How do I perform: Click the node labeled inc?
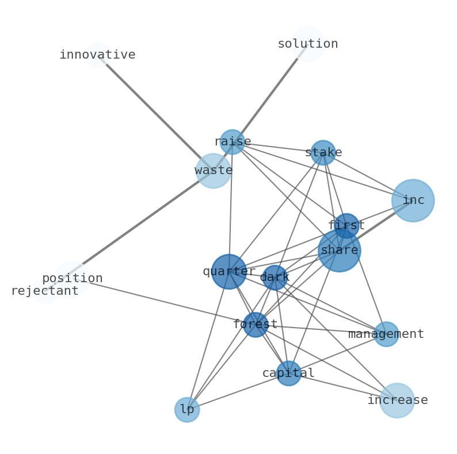click(x=413, y=201)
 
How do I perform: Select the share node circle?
click(x=339, y=250)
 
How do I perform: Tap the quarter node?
click(x=229, y=271)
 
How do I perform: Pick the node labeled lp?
click(x=187, y=410)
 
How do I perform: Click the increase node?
click(x=397, y=400)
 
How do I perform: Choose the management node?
click(x=386, y=334)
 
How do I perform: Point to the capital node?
click(x=288, y=373)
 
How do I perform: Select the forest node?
click(x=256, y=325)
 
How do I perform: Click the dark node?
click(x=275, y=278)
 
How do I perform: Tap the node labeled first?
click(x=346, y=225)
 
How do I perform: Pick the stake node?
click(x=323, y=152)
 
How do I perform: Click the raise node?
click(x=233, y=141)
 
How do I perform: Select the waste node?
click(x=214, y=171)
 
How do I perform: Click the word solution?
click(x=307, y=44)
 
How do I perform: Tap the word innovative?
click(x=97, y=55)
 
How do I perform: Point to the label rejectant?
click(x=44, y=291)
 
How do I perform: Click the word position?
click(x=72, y=278)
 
